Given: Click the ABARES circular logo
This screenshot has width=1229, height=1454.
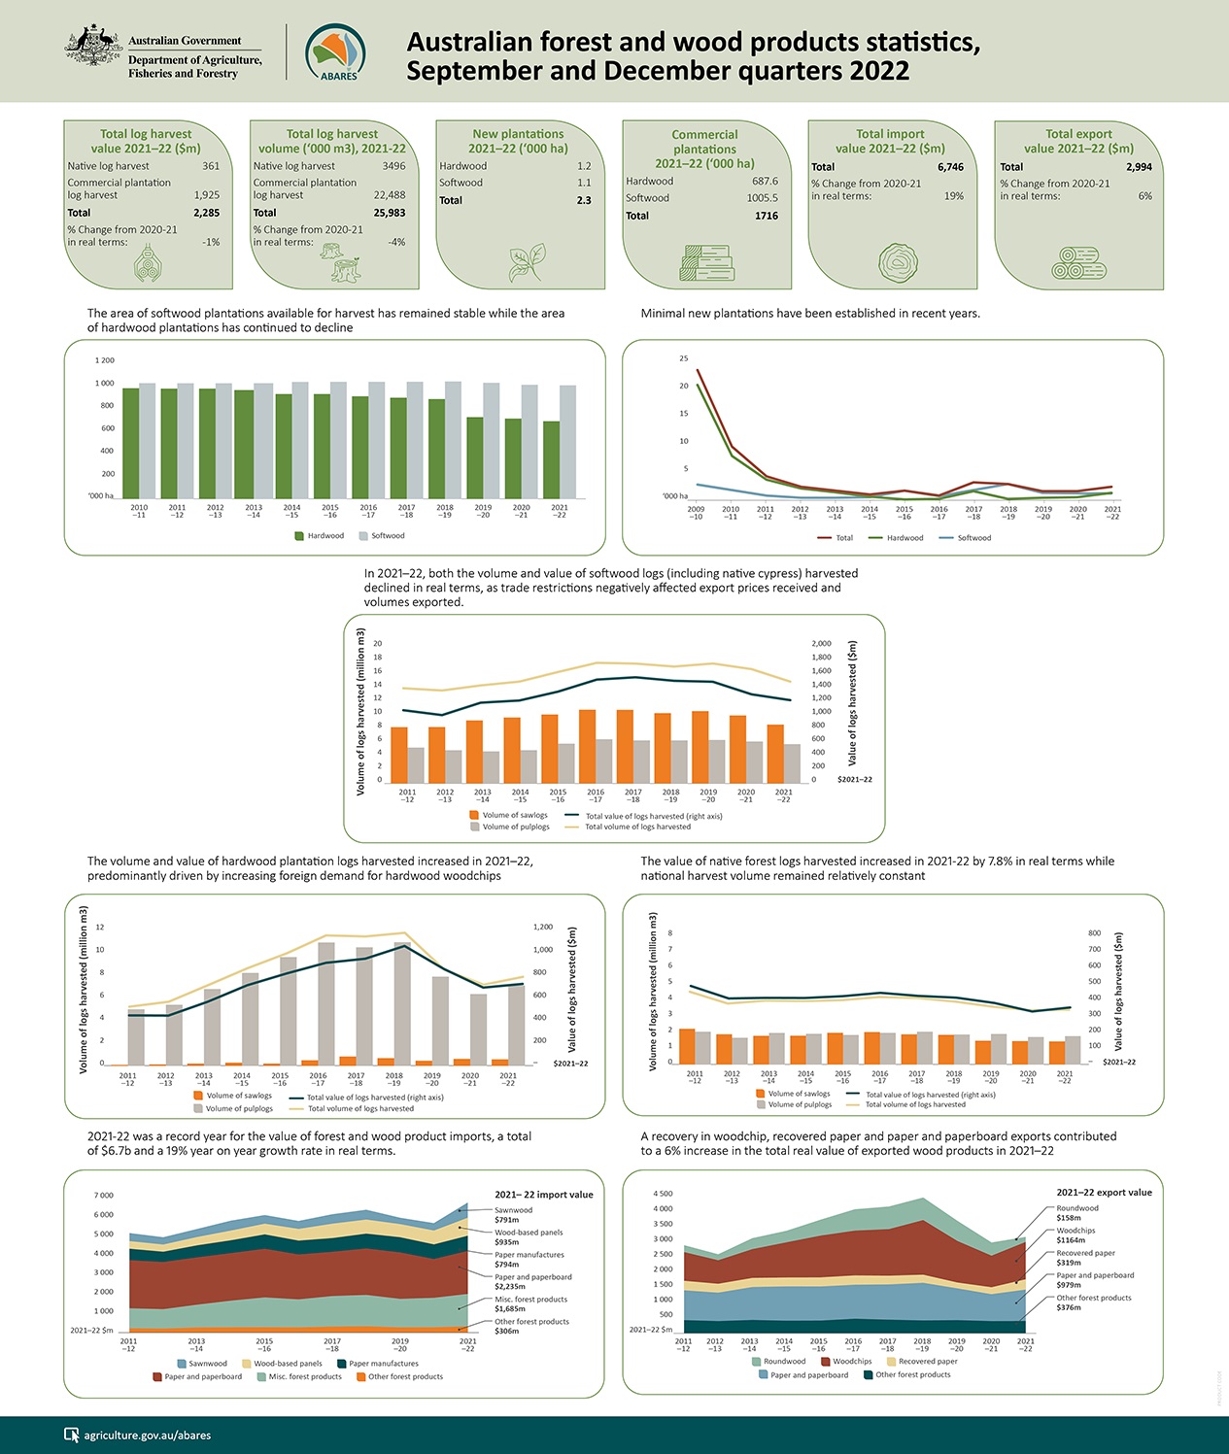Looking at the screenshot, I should (335, 52).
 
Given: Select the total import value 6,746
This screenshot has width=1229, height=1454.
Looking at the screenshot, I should (949, 167).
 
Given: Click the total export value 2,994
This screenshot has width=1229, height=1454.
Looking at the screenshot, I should (1138, 167).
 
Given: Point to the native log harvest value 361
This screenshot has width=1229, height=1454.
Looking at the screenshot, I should (210, 166).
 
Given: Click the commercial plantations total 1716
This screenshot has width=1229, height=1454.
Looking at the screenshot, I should (766, 216).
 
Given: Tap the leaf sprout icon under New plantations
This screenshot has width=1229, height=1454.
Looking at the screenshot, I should (526, 262).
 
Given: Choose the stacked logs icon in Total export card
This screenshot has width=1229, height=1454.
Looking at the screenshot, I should (1077, 263).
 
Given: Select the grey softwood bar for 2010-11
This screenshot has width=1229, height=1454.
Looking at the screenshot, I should (148, 441).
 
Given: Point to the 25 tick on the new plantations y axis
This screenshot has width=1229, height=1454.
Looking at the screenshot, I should (683, 359).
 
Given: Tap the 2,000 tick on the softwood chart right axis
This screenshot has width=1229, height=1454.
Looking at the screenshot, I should (821, 644).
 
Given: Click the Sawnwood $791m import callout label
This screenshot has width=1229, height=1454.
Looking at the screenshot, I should (513, 1215).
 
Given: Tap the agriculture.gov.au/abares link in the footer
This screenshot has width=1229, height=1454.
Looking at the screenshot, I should (147, 1435).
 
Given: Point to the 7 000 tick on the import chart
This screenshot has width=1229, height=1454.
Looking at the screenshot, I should (103, 1196).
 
